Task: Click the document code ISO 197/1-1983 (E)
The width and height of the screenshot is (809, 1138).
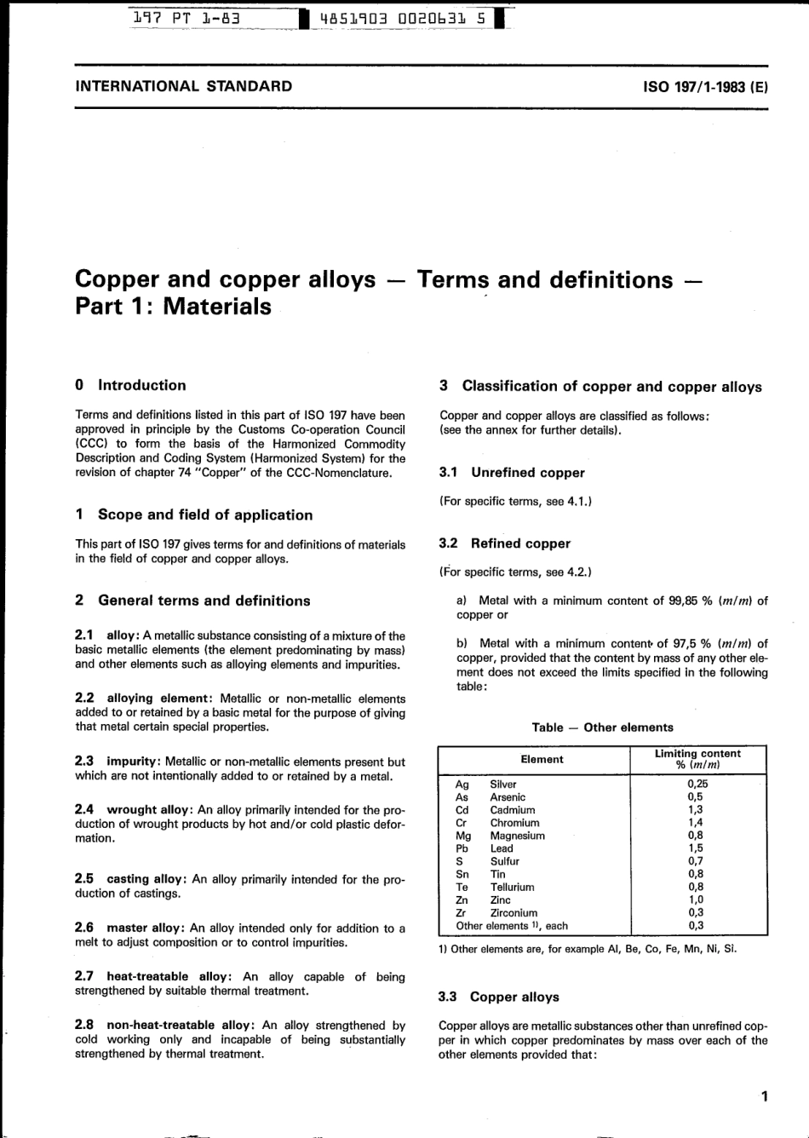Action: click(x=706, y=86)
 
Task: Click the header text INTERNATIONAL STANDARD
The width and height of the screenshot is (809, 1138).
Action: click(x=184, y=86)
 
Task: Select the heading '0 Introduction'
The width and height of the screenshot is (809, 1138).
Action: click(x=131, y=385)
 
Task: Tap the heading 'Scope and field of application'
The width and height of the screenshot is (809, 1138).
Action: click(x=205, y=514)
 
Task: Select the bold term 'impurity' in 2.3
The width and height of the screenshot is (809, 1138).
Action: click(x=133, y=762)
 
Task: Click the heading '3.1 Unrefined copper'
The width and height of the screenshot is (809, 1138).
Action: click(x=512, y=473)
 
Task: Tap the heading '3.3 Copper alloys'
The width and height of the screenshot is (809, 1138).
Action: click(x=498, y=997)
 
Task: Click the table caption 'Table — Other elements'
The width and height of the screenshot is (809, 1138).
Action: click(x=602, y=727)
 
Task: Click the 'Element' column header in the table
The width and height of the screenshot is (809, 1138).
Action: click(x=542, y=759)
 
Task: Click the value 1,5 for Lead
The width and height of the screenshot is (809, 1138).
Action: click(x=696, y=848)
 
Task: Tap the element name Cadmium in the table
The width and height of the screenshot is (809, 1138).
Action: click(x=513, y=810)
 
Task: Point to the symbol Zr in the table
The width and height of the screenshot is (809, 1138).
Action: click(x=462, y=912)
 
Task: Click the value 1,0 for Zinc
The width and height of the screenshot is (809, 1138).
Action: click(x=696, y=899)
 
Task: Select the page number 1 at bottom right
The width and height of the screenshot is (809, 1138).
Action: click(x=764, y=1097)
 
